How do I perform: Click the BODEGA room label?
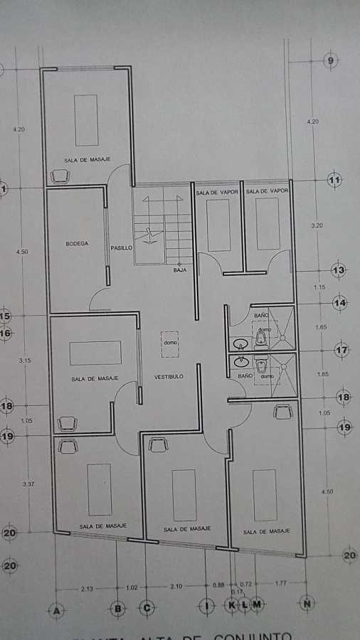pyautogui.click(x=77, y=243)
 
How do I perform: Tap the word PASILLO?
pyautogui.click(x=120, y=248)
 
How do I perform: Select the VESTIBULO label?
pyautogui.click(x=169, y=376)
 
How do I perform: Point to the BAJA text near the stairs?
pyautogui.click(x=179, y=270)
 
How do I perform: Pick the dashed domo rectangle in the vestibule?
pyautogui.click(x=169, y=344)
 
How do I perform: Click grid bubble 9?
pyautogui.click(x=331, y=61)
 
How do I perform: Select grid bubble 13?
pyautogui.click(x=339, y=271)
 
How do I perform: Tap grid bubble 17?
pyautogui.click(x=342, y=350)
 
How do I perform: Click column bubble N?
pyautogui.click(x=307, y=605)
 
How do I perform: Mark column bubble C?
pyautogui.click(x=147, y=608)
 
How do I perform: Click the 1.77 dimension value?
pyautogui.click(x=281, y=584)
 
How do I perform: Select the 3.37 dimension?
pyautogui.click(x=28, y=484)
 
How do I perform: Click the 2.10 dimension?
pyautogui.click(x=176, y=586)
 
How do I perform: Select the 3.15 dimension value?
pyautogui.click(x=26, y=361)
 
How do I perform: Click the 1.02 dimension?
pyautogui.click(x=132, y=587)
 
